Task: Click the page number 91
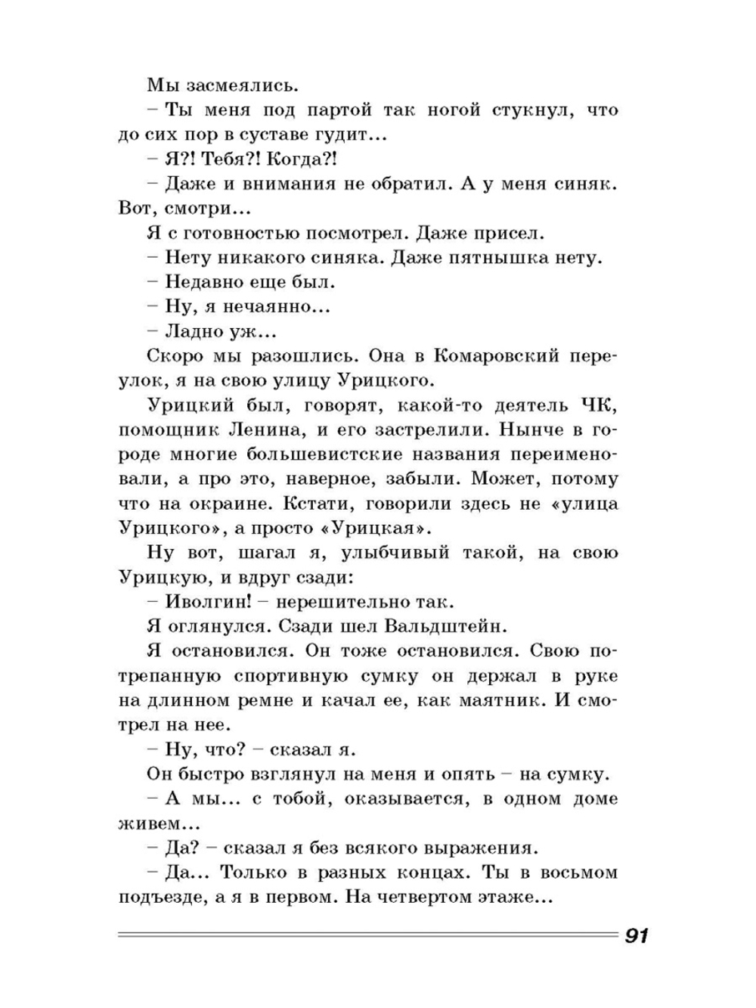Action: coord(636,935)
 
